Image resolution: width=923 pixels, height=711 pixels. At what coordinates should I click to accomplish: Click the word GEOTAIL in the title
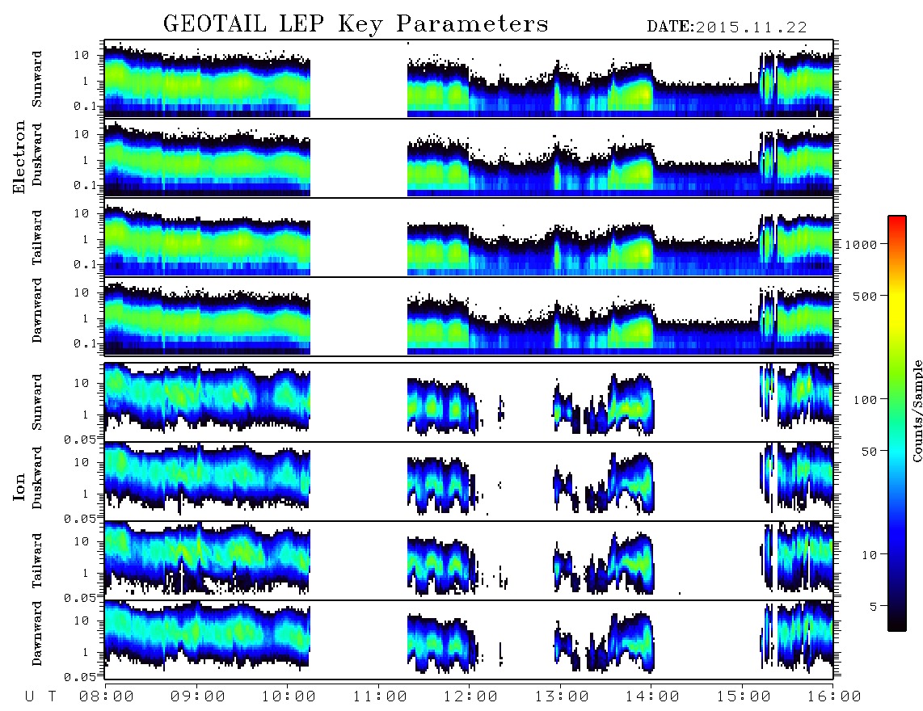215,24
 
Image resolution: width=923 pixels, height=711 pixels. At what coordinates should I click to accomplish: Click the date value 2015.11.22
751,27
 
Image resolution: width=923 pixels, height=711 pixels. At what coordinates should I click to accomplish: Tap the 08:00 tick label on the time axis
107,696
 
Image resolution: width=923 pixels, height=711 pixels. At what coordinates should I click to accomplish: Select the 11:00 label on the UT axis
380,696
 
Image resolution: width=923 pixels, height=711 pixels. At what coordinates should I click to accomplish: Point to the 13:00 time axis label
562,696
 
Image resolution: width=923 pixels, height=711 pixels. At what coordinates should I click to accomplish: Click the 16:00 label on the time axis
834,696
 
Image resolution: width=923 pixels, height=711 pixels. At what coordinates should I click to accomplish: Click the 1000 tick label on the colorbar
861,244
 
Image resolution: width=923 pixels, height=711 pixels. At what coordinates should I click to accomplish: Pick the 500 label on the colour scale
865,296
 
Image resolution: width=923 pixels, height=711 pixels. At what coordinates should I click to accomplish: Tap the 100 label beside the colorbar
865,400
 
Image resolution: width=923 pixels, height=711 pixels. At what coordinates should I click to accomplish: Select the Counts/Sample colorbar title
917,411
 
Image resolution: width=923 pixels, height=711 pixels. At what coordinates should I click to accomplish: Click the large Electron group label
19,158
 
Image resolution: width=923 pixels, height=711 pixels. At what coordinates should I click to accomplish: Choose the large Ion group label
19,486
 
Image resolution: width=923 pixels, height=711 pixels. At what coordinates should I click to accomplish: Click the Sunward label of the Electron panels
37,79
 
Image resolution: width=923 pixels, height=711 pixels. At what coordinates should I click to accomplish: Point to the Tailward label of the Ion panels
37,561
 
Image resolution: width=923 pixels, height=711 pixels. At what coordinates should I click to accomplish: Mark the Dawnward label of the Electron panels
37,310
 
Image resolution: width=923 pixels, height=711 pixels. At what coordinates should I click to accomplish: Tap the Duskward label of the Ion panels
37,478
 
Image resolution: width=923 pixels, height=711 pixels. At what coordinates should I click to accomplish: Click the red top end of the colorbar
897,219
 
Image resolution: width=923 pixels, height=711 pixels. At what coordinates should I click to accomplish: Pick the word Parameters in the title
472,24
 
